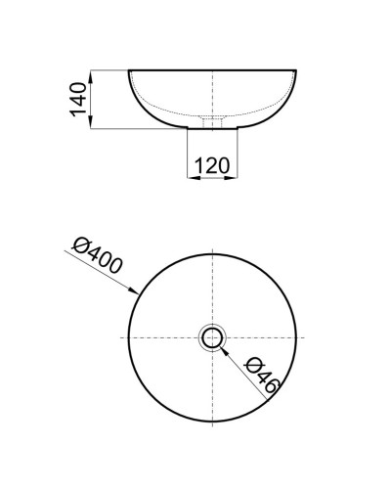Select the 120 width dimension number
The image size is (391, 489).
tap(211, 165)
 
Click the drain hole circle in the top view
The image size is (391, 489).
tap(212, 338)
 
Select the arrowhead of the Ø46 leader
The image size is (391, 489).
tap(224, 349)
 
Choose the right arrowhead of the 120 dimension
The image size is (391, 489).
tap(233, 177)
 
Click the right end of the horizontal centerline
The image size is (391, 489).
tap(302, 338)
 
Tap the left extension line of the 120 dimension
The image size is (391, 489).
tap(188, 156)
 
